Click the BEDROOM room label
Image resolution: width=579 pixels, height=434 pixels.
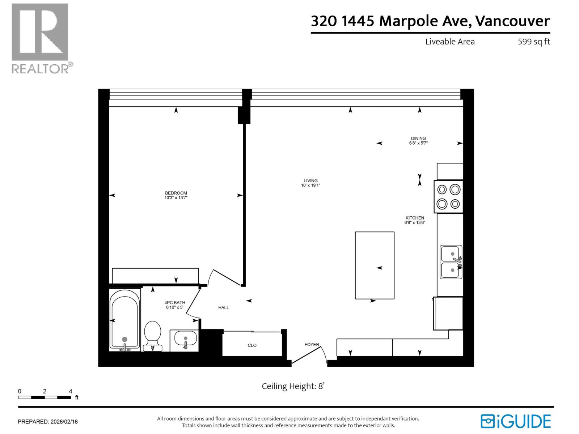coord(176,193)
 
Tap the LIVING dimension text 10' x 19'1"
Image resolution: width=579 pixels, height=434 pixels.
coord(310,186)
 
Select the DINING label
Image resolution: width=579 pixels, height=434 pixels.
coord(418,138)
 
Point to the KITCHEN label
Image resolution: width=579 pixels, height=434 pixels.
coord(415,218)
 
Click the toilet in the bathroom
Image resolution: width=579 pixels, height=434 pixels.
coord(153,335)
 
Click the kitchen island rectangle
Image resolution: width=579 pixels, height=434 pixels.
coord(375,265)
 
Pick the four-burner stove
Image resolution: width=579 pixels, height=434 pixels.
coord(449,196)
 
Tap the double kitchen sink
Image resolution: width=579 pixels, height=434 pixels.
coord(451,262)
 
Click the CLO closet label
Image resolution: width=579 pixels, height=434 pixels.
coord(252,345)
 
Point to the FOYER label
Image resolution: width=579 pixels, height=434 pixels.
coord(312,344)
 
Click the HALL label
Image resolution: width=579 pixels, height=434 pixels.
coord(224,307)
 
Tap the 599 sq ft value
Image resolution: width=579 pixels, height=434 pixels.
coord(534,42)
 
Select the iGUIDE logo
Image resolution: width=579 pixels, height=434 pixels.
coord(515,421)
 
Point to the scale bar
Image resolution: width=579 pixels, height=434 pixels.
coord(45,397)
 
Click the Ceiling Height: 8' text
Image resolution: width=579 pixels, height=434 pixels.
coord(293,386)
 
